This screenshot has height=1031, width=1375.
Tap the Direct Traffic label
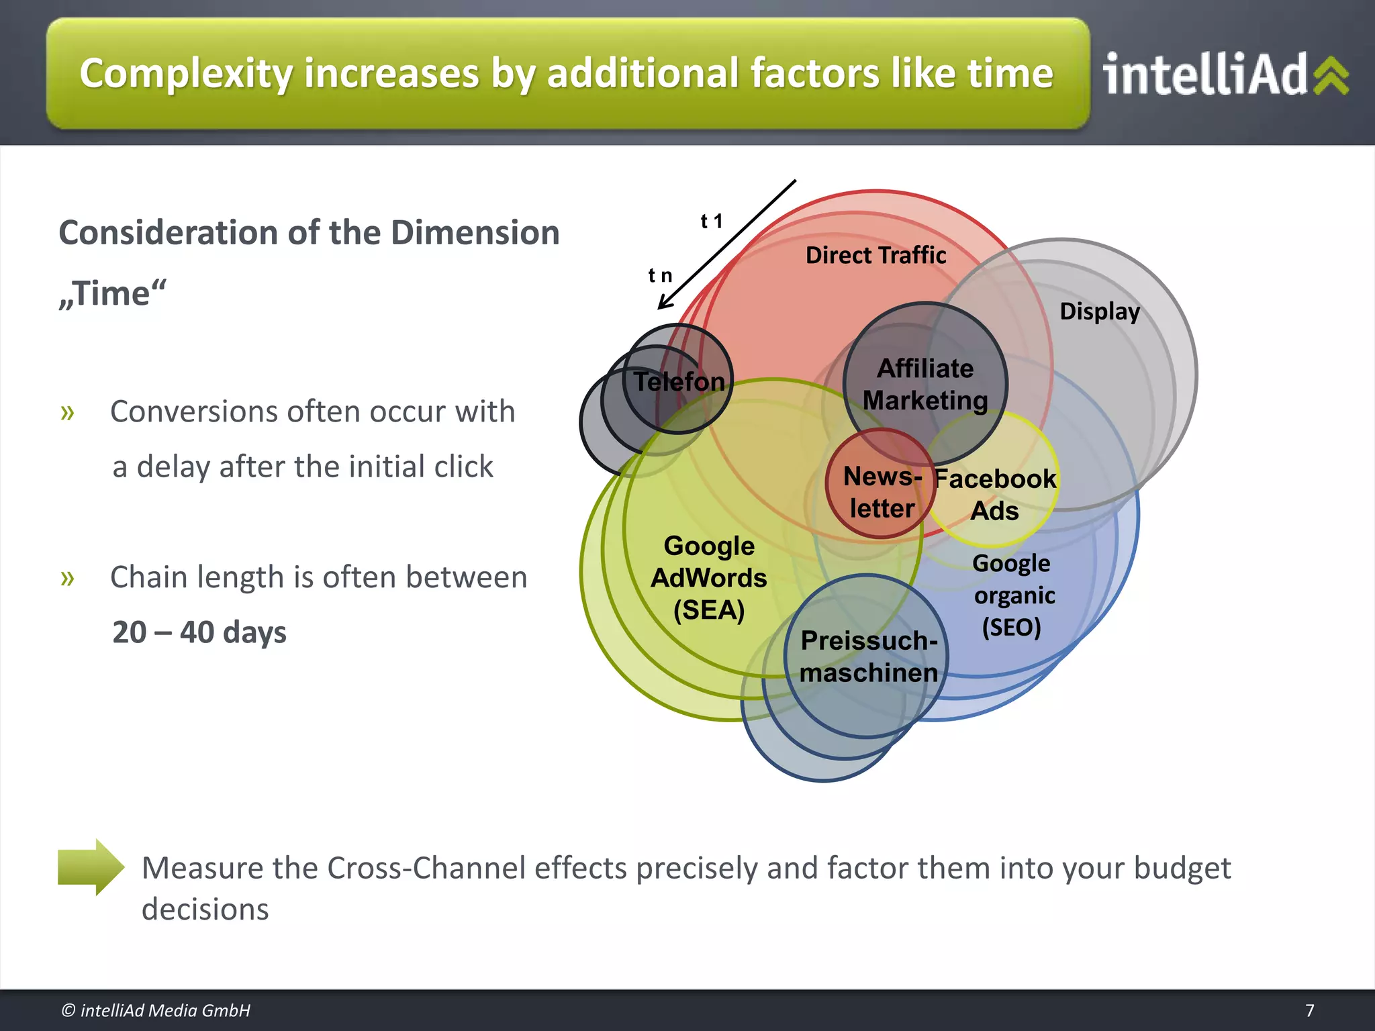875,256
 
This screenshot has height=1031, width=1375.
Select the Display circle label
1099,311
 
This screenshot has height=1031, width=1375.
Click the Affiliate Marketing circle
925,384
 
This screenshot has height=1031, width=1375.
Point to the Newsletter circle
881,492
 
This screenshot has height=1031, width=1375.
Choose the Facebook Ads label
995,495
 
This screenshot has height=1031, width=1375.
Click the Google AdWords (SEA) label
709,578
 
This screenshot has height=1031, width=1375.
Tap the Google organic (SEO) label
1012,595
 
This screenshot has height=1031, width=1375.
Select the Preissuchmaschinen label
868,656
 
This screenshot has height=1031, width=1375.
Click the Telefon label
679,382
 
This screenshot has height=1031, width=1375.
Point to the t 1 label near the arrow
711,222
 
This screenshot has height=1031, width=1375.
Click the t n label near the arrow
660,275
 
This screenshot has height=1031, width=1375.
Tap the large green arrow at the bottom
91,867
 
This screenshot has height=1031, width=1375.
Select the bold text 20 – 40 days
199,632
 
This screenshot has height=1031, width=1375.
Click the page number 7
1309,1010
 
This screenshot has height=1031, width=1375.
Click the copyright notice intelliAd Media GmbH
156,1010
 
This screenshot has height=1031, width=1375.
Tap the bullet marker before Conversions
67,412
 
